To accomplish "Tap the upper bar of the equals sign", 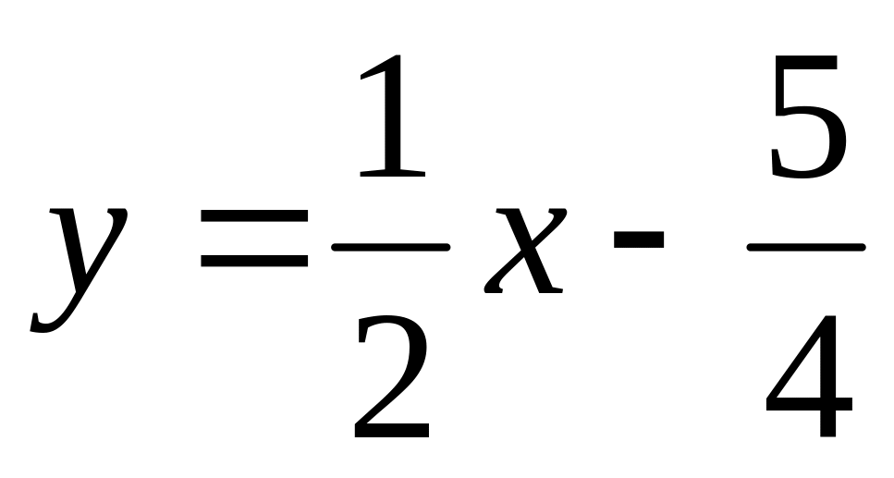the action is click(254, 215).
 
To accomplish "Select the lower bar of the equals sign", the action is click(254, 261).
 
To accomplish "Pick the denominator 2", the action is click(392, 376).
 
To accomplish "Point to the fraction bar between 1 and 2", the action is click(391, 247).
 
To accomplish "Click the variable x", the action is click(525, 251).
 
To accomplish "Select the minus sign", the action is click(639, 239).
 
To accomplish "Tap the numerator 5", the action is click(808, 116).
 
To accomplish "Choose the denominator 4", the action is click(809, 376).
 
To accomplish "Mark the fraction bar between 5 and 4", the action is click(807, 247).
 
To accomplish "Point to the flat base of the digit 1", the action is click(393, 173).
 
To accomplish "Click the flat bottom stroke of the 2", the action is click(392, 431).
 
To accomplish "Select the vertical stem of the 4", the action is click(827, 376).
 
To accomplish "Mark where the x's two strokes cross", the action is click(528, 250).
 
